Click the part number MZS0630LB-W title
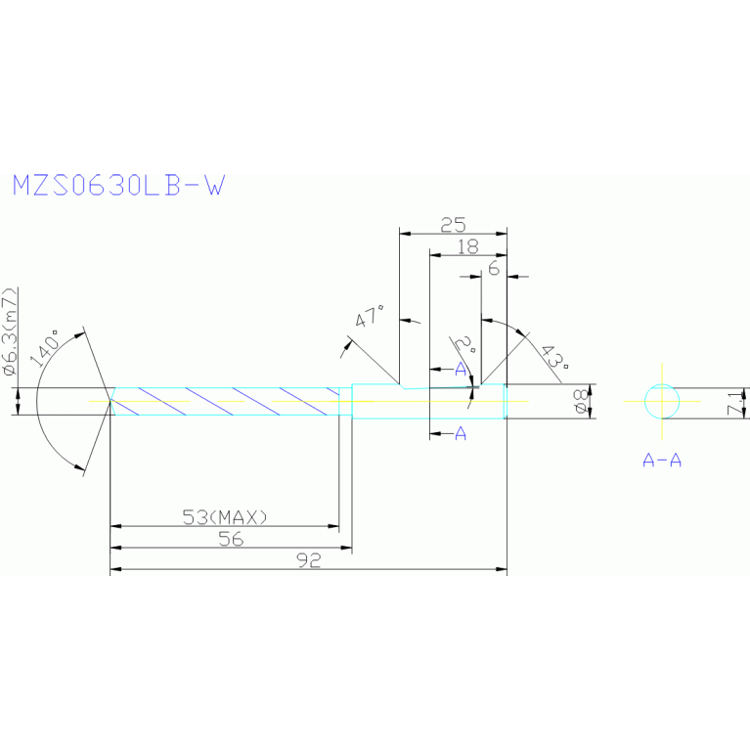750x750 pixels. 117,186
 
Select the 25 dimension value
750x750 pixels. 453,225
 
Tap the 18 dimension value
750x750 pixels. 468,247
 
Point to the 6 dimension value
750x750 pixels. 495,268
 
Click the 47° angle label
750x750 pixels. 371,319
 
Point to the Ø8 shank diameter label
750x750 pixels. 580,402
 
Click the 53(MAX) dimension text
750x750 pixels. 225,516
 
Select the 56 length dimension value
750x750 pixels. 230,539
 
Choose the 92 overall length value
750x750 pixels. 308,561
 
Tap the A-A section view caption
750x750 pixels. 662,460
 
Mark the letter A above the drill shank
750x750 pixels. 461,368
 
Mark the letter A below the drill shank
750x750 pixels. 461,433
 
